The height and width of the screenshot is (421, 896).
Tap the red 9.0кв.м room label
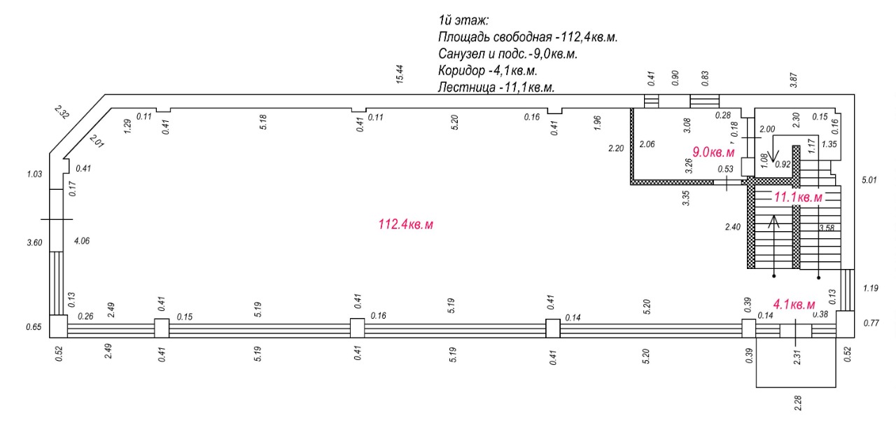713,152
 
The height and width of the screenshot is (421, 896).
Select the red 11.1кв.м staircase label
797,198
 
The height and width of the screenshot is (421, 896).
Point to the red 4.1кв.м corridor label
794,304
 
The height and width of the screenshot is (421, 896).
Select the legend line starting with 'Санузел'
511,54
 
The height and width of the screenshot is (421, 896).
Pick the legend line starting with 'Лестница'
496,88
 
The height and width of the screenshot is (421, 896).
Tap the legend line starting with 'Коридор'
487,71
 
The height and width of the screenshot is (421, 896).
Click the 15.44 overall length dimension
400,74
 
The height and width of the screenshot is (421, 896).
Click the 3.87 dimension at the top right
794,78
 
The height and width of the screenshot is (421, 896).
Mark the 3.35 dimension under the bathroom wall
687,198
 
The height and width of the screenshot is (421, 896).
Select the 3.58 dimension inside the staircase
827,228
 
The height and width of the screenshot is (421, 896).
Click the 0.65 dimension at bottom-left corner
33,326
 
